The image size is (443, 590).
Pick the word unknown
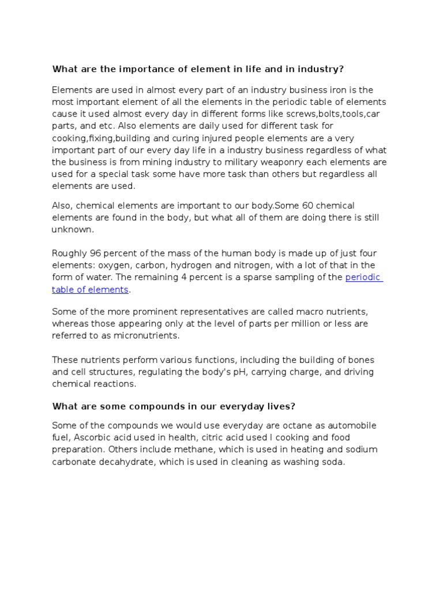pos(72,229)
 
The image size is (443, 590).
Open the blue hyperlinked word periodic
pos(363,278)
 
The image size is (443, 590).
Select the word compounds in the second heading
pos(131,406)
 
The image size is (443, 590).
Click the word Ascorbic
pos(94,438)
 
